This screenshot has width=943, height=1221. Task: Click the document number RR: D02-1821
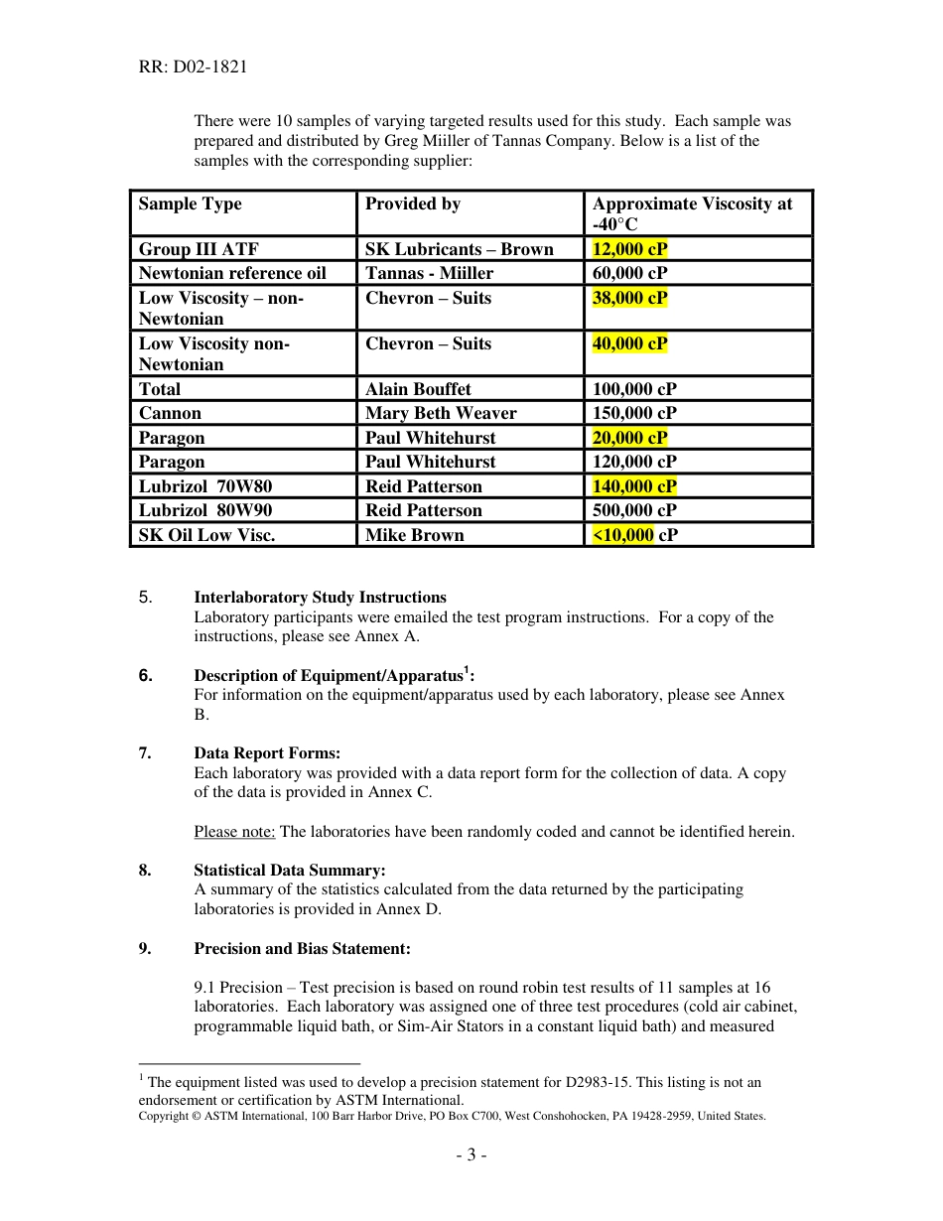tap(193, 68)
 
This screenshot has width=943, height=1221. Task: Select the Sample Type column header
tap(190, 203)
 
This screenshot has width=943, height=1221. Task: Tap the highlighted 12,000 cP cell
tap(629, 249)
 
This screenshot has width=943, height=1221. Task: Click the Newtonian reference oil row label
tap(231, 273)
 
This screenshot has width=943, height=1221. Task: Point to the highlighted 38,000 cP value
tap(629, 298)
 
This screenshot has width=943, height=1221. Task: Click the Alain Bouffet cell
tap(418, 389)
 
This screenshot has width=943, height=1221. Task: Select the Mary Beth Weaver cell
tap(441, 413)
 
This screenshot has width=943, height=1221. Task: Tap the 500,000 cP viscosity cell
tap(634, 510)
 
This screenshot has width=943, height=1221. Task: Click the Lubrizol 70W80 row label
tap(204, 486)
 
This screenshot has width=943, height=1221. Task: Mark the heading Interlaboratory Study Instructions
tap(320, 598)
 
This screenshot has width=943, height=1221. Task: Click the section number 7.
tap(145, 753)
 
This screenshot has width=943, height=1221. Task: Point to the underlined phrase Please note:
tap(234, 832)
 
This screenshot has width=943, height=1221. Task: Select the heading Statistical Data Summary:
tap(290, 871)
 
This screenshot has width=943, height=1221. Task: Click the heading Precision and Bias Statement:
tap(302, 949)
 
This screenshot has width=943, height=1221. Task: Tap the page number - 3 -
tap(471, 1154)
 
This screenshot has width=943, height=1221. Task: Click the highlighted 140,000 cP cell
tap(634, 486)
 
